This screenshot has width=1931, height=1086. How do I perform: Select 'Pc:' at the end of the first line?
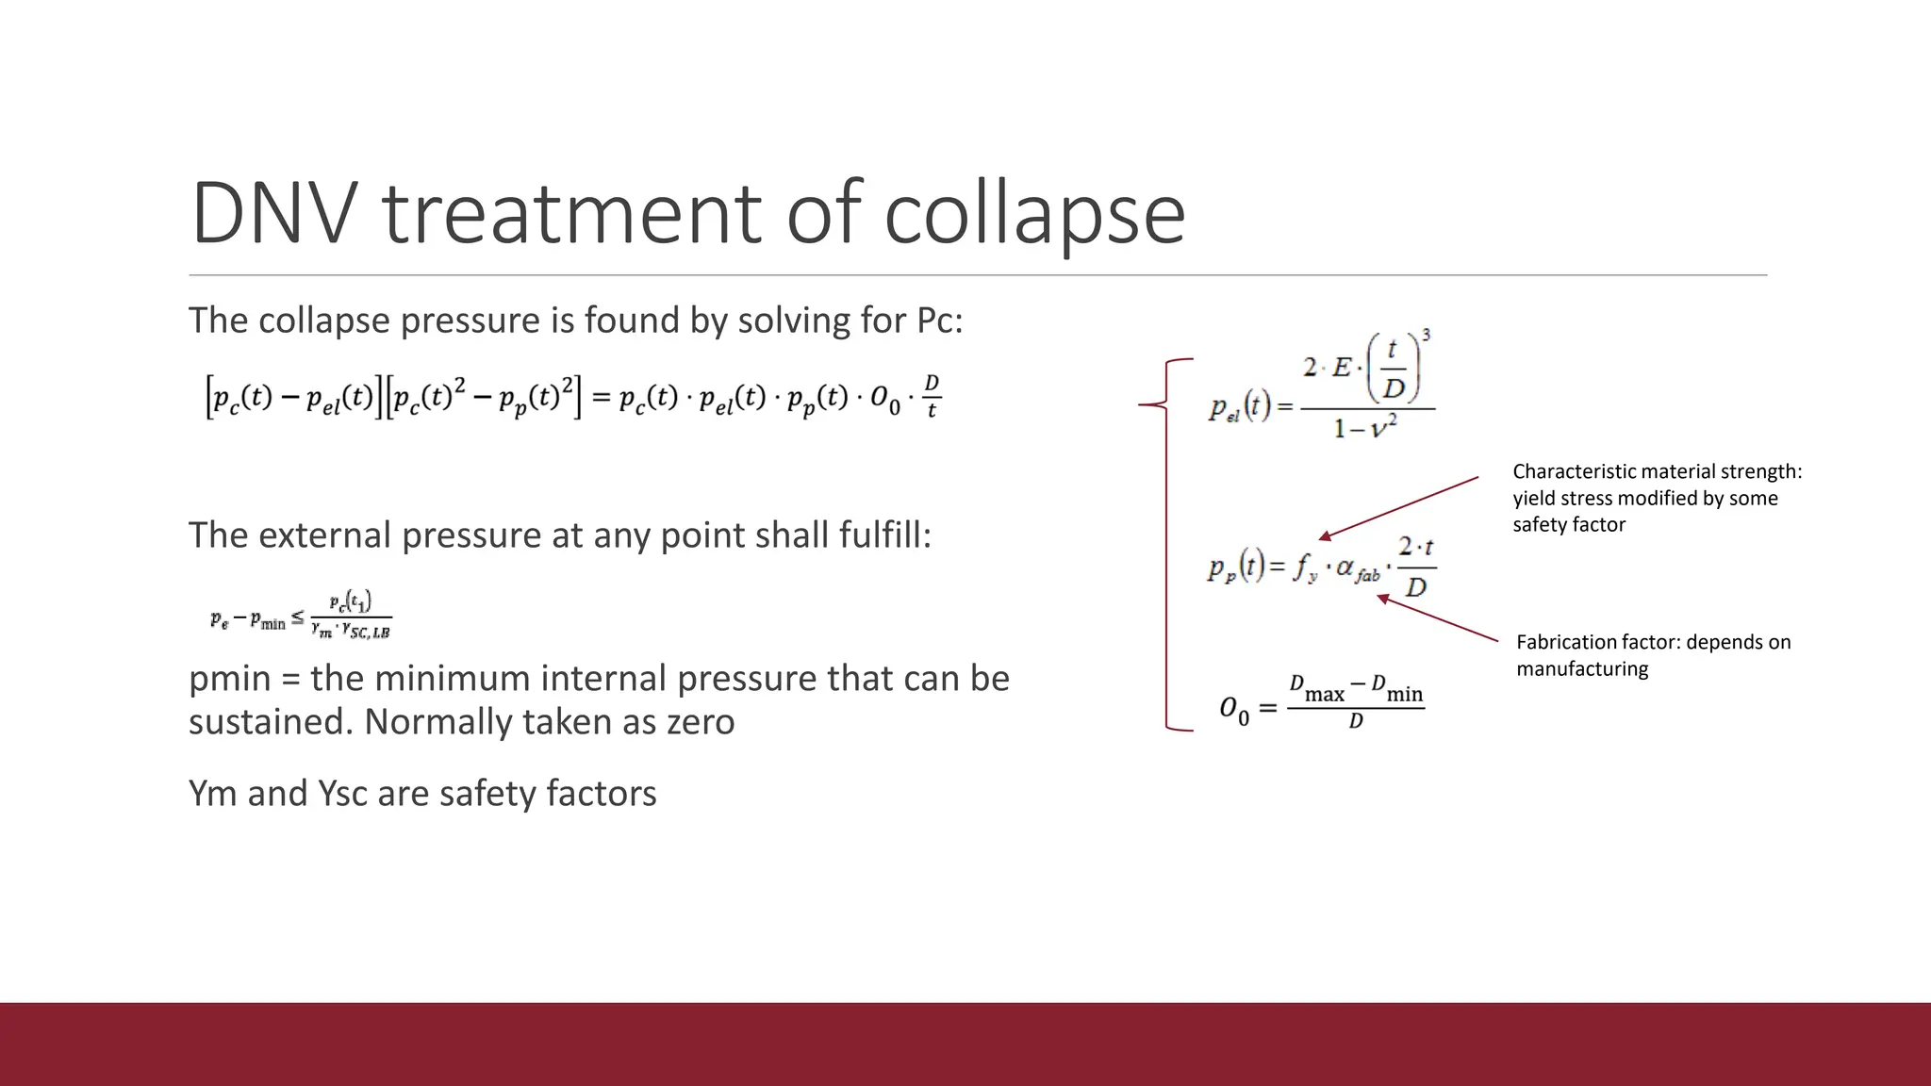[x=940, y=321]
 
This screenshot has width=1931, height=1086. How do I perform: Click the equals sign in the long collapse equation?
[x=600, y=399]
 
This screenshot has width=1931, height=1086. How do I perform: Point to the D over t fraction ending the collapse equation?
[x=932, y=397]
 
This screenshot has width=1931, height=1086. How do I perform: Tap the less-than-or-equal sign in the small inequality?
[x=298, y=618]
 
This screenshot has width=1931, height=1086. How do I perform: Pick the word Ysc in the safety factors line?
[x=343, y=794]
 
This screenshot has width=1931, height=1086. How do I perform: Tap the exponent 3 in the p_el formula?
[x=1426, y=336]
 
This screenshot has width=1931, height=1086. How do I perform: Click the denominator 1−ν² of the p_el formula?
[x=1364, y=429]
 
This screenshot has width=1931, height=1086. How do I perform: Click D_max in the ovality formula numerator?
[x=1316, y=690]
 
